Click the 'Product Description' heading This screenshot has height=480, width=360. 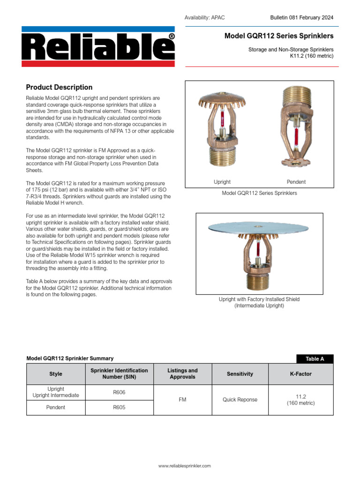click(x=59, y=87)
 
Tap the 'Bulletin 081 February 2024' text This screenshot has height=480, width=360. click(x=302, y=17)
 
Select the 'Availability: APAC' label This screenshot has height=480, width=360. click(x=205, y=18)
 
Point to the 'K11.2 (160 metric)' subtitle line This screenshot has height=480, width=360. click(x=311, y=56)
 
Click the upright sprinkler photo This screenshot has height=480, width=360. click(x=220, y=129)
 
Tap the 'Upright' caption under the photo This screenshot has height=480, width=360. click(x=222, y=182)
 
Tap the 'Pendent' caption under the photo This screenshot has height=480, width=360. click(x=296, y=182)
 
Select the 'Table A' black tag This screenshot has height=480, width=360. click(x=315, y=359)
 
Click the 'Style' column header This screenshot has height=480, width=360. click(x=56, y=374)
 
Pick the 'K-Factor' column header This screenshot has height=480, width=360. click(x=300, y=374)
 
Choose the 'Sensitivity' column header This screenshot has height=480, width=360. click(x=240, y=374)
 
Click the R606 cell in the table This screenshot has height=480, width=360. click(x=119, y=392)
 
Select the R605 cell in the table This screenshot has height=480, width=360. click(x=119, y=407)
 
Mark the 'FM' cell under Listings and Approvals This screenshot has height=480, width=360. click(x=183, y=400)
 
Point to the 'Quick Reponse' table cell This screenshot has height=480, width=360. click(x=240, y=400)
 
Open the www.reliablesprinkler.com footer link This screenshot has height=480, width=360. click(x=184, y=466)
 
